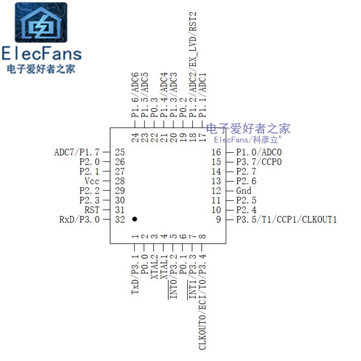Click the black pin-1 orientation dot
click(x=134, y=219)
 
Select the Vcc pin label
click(x=92, y=181)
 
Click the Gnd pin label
click(x=244, y=190)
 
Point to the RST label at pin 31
click(x=92, y=210)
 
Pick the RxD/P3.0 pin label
click(x=79, y=220)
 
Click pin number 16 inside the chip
click(x=217, y=153)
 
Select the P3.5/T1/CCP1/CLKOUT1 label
click(x=287, y=220)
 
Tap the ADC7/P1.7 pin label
click(x=76, y=153)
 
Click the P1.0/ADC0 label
click(x=259, y=153)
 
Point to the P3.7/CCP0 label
click(x=259, y=162)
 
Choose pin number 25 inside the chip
click(x=120, y=153)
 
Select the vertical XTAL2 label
click(x=154, y=267)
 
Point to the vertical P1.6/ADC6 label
click(x=134, y=94)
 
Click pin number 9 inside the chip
click(x=218, y=220)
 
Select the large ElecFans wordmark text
click(x=41, y=54)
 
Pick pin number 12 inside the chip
click(x=217, y=190)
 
